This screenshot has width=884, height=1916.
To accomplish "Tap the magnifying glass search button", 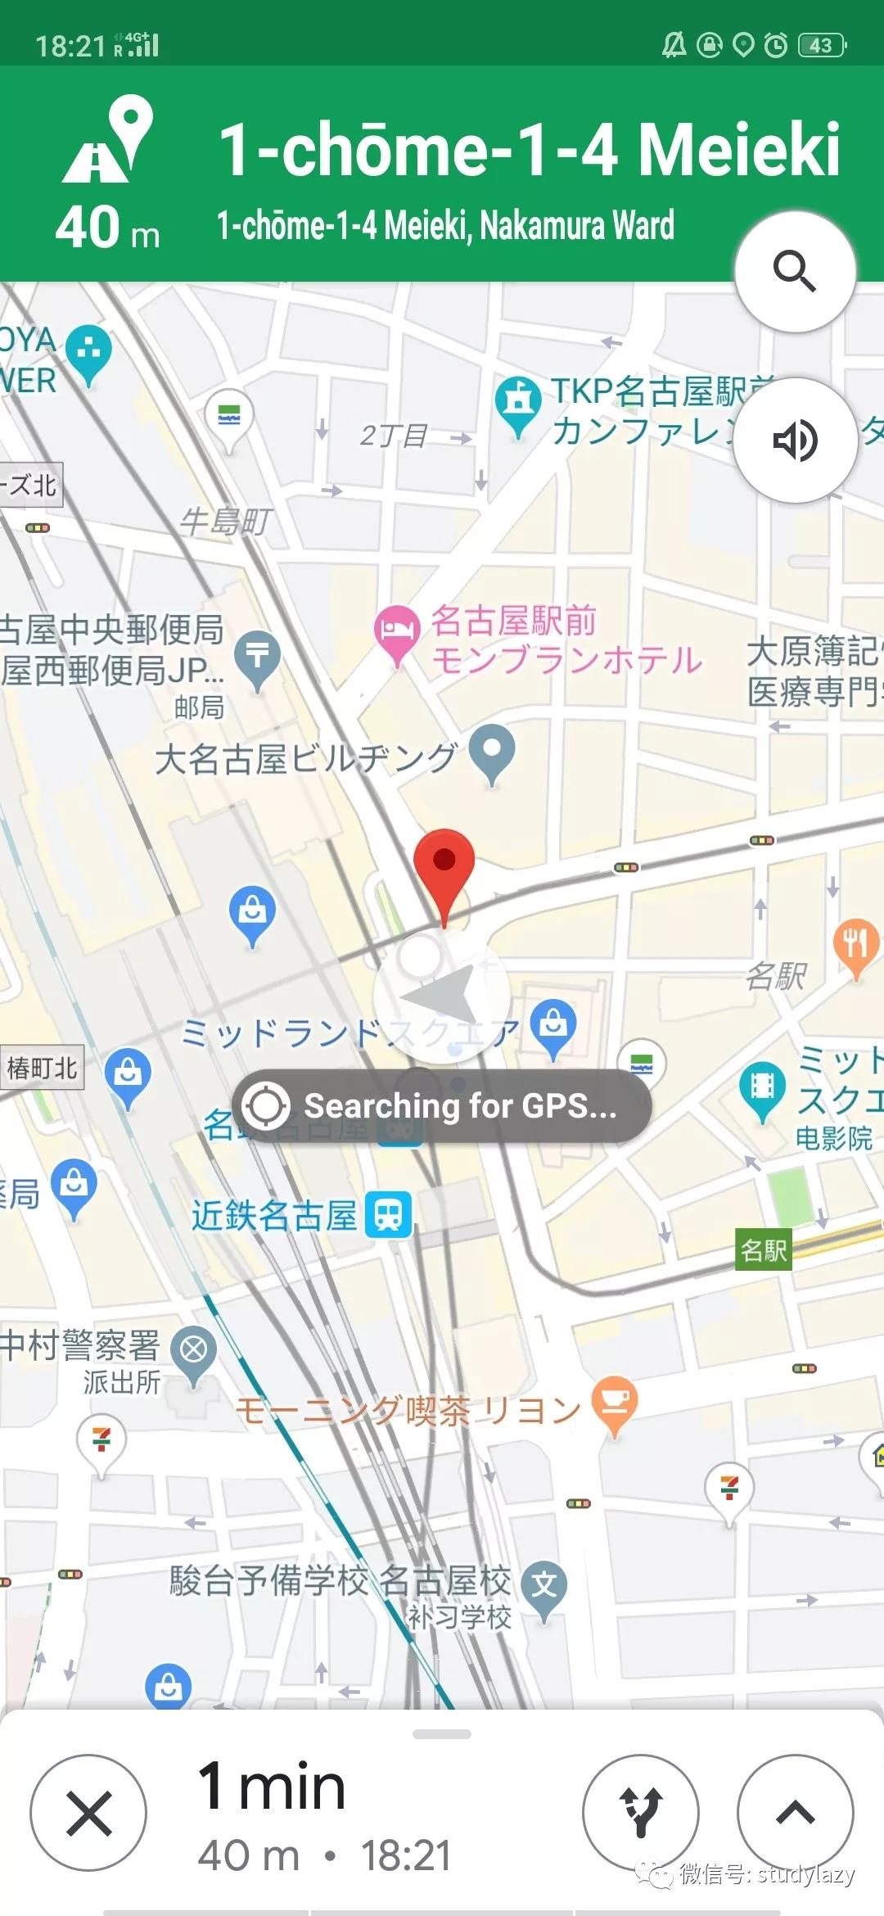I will point(795,271).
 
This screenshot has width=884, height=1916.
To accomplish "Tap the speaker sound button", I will point(795,441).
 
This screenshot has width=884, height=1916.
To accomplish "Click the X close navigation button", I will point(88,1813).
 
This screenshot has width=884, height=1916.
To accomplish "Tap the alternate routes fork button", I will point(641,1813).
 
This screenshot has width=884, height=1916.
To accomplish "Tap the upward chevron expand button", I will point(795,1813).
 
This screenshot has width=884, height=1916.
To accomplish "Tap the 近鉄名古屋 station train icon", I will point(389,1215).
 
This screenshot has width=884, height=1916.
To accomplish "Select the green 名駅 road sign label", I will point(763,1249).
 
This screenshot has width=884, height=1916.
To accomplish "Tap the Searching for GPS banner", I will point(442,1105).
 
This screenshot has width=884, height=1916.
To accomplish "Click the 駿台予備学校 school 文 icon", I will point(544,1584).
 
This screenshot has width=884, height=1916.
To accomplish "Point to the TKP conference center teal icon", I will point(517,400).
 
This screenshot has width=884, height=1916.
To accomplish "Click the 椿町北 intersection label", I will point(42,1068).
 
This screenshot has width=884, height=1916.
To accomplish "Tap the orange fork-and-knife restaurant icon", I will point(856,943).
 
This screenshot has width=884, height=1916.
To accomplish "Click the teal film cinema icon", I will point(762,1086).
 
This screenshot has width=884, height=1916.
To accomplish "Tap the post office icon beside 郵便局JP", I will point(257,655).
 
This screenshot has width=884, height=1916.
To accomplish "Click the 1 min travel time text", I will point(272,1787).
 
